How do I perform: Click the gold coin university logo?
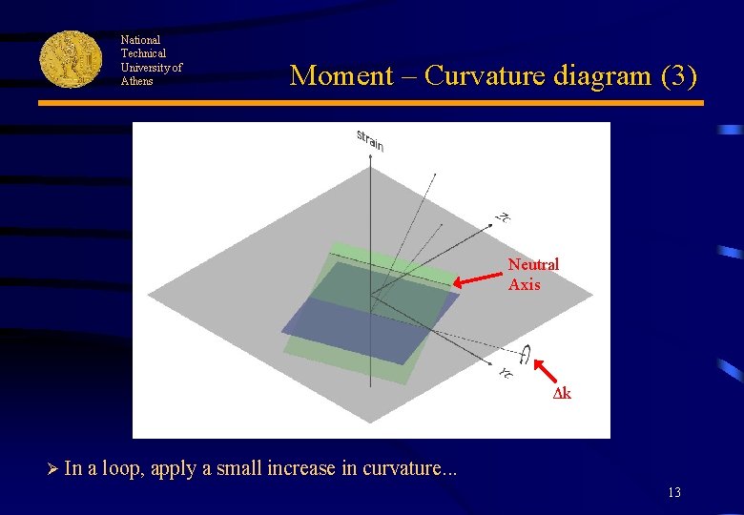71,59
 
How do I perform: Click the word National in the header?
140,40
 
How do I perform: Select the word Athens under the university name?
136,81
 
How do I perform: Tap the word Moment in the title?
341,75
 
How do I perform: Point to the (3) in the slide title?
678,75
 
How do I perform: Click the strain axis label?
370,139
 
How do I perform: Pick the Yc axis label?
506,372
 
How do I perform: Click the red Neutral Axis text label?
533,274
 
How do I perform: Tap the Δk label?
563,394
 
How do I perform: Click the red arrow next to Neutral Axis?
476,279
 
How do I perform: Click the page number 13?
674,493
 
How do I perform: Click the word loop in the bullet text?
122,468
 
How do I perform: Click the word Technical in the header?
143,53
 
